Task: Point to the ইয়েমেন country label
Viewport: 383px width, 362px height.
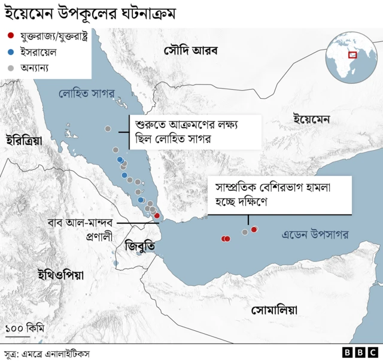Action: point(312,119)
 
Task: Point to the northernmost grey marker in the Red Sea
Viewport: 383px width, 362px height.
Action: point(108,129)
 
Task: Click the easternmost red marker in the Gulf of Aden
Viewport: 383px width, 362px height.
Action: point(254,229)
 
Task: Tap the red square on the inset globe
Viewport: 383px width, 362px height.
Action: point(352,55)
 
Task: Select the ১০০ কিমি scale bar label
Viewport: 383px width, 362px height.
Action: point(25,328)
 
